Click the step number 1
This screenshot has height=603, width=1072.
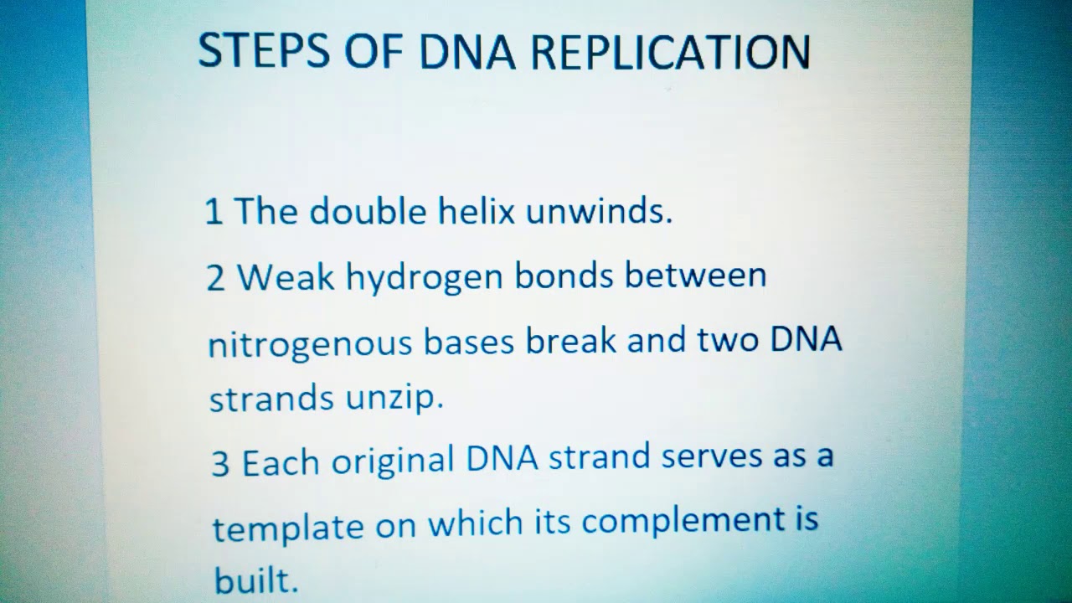pyautogui.click(x=214, y=213)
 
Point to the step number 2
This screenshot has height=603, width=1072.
pyautogui.click(x=216, y=279)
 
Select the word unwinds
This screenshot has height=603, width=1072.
pyautogui.click(x=599, y=212)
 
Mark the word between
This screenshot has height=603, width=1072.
pyautogui.click(x=695, y=275)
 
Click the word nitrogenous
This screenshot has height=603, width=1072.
pyautogui.click(x=310, y=344)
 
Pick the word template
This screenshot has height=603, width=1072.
pyautogui.click(x=287, y=528)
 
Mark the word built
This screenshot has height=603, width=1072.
pyautogui.click(x=255, y=579)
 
